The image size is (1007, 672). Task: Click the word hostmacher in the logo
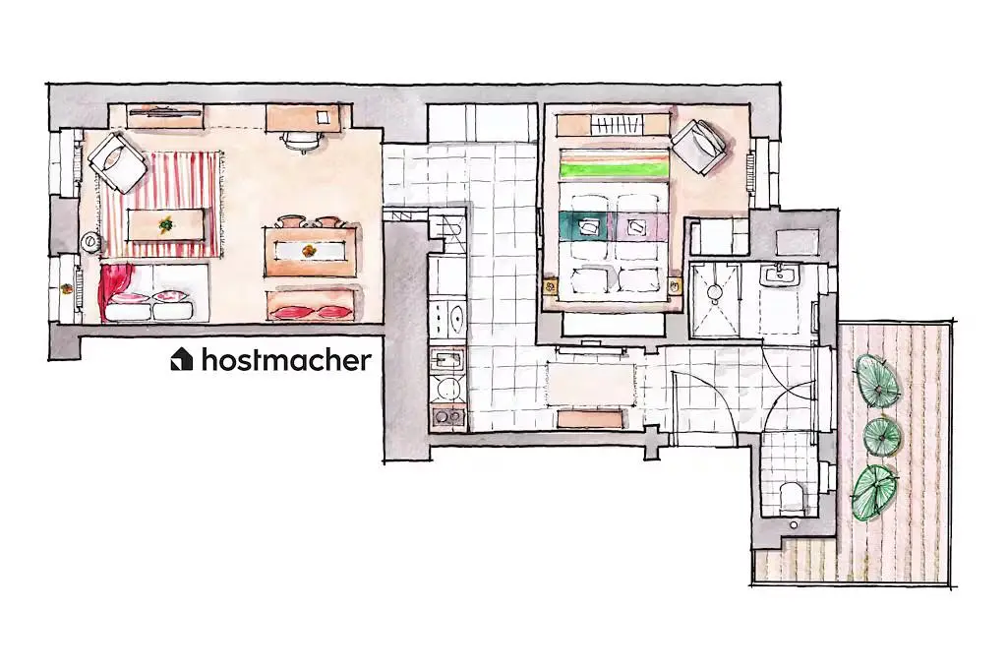click(x=286, y=360)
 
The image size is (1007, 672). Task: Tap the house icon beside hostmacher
click(x=181, y=359)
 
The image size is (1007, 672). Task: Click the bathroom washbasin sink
click(x=779, y=276)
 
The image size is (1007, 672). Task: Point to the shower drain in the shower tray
click(x=714, y=291)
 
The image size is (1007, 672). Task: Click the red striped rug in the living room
click(x=162, y=204)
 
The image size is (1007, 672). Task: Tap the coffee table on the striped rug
click(x=166, y=224)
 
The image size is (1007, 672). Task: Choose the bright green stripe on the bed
click(x=614, y=169)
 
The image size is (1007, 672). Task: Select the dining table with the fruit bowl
click(x=311, y=251)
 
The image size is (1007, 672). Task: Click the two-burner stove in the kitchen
click(x=447, y=416)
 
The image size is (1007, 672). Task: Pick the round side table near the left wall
click(x=90, y=242)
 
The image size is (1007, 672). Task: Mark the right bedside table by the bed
click(x=674, y=284)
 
